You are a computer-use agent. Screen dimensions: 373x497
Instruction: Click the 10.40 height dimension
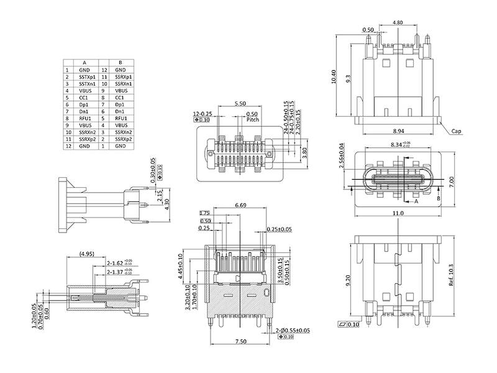[x=334, y=76]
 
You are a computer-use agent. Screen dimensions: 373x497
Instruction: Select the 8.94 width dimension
[x=399, y=131]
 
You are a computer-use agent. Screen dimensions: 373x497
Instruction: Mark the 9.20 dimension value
[x=348, y=280]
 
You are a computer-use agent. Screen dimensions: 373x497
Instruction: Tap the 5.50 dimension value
[x=240, y=103]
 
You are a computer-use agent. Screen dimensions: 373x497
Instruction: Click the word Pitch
[x=253, y=120]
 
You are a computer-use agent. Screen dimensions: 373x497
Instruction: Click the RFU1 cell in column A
[x=85, y=118]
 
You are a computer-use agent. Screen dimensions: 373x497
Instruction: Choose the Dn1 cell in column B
[x=121, y=111]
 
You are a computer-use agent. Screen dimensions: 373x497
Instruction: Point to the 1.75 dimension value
[x=204, y=213]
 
